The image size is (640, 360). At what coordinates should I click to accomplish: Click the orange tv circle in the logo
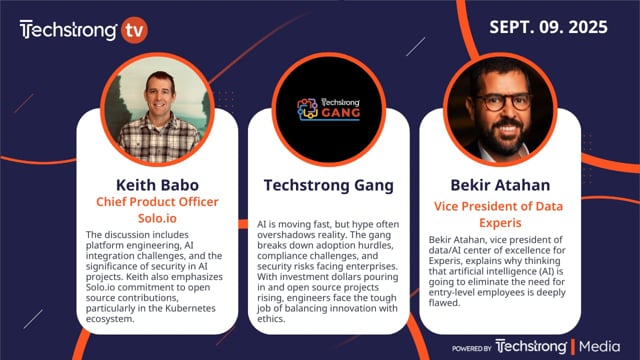134,30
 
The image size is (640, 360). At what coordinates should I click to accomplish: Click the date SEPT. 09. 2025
548,27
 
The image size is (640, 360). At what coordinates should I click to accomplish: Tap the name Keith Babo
157,185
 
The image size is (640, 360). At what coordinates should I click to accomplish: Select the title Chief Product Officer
157,202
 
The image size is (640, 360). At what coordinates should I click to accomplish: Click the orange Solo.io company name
157,218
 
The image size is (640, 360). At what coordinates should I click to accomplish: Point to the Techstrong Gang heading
329,185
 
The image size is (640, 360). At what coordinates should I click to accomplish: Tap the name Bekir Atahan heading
500,185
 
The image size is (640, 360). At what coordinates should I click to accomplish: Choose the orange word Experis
500,223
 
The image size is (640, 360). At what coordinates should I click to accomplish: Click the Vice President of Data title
498,206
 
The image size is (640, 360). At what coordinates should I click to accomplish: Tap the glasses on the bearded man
502,102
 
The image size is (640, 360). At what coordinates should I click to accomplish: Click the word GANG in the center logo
341,113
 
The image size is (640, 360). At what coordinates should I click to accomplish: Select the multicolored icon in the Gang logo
307,109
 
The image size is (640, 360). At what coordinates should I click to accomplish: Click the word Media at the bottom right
599,347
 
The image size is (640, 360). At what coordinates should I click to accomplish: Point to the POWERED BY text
471,349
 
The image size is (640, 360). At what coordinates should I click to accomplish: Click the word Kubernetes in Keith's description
191,308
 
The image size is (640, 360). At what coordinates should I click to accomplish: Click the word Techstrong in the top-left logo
68,30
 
